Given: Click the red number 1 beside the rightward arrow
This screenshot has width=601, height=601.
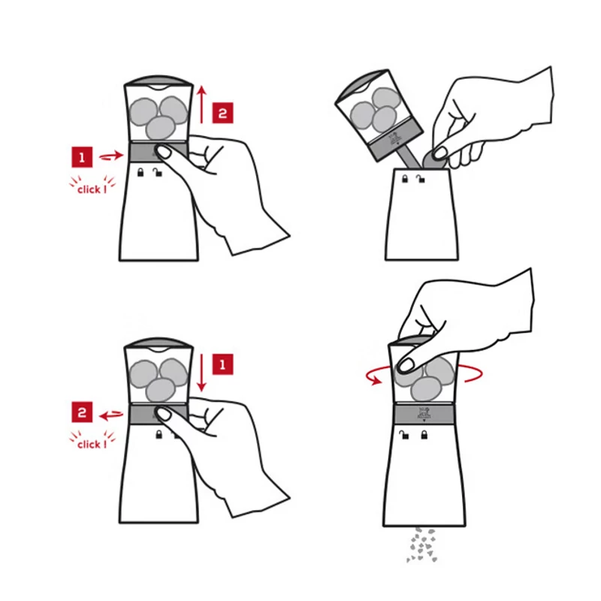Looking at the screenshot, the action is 82,157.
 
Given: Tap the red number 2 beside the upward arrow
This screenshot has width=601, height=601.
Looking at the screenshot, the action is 222,113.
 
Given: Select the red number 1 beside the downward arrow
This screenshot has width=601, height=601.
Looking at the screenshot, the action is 222,364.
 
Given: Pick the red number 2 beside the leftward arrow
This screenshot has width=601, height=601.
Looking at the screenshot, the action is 82,412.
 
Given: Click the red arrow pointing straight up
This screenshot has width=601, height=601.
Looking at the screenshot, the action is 202,104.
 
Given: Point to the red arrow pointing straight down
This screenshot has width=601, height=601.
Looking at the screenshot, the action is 202,373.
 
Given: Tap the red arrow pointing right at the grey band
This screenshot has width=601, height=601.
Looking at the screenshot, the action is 111,156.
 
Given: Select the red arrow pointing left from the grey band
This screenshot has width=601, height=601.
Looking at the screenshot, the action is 111,415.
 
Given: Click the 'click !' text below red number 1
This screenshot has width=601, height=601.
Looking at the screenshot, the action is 92,189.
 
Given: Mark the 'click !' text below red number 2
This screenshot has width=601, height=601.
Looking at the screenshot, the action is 92,445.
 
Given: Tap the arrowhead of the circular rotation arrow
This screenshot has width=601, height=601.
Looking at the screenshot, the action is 377,380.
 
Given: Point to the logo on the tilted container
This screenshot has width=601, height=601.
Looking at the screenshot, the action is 394,139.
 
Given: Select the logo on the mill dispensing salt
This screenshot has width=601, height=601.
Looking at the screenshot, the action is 424,414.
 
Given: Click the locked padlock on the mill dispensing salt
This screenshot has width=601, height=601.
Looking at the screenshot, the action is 424,435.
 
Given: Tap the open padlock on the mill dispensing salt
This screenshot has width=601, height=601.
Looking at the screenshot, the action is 404,435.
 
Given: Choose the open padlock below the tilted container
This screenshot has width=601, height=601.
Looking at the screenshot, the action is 421,179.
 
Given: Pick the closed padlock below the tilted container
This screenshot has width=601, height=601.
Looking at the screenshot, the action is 405,179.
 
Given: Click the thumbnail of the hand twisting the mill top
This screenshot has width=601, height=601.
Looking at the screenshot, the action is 406,364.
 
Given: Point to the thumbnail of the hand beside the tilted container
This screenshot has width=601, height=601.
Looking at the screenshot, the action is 439,153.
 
